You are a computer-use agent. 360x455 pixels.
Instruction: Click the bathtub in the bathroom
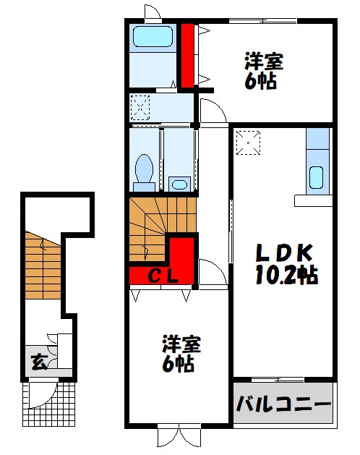(153, 37)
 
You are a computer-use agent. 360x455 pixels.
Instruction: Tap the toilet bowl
(144, 172)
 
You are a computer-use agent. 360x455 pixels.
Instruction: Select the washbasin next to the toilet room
(179, 184)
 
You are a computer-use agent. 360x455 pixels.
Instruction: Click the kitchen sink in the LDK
(316, 177)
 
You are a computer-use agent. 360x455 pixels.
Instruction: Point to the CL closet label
(163, 277)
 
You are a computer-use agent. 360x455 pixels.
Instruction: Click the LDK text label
(284, 252)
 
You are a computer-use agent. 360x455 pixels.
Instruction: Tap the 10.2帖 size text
(286, 274)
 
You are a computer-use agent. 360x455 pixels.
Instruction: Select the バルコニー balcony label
(283, 404)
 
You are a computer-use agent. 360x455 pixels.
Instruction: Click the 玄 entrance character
(39, 362)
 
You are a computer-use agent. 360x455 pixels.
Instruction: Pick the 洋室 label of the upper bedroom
(264, 61)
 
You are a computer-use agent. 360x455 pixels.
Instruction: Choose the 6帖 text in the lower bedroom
(178, 364)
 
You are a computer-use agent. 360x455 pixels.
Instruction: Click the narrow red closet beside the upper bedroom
(187, 56)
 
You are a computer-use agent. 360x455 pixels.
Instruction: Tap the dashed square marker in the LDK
(249, 143)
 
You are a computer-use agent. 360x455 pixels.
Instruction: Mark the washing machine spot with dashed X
(140, 108)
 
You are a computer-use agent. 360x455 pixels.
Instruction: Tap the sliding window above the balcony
(278, 380)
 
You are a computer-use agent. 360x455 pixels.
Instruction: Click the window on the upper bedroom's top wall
(263, 21)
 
